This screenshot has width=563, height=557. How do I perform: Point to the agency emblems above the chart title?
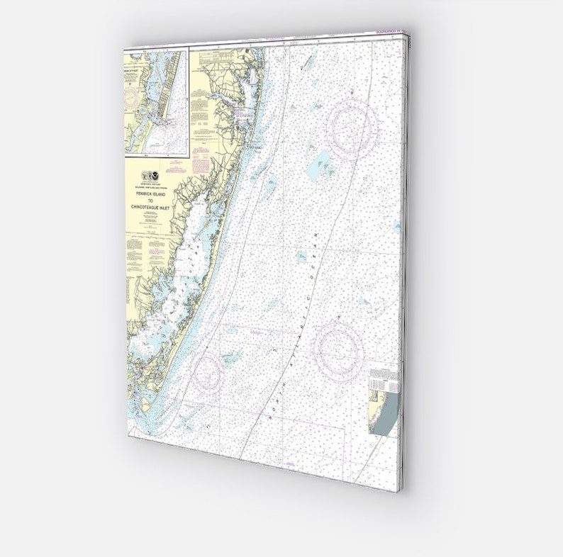(x=150, y=174)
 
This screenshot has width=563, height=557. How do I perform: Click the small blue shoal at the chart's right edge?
(x=397, y=227)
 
